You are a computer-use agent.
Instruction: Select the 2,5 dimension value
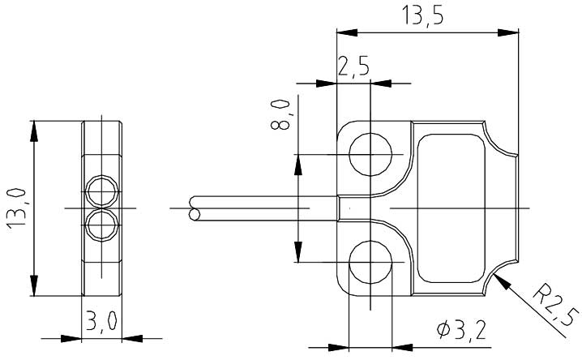pyautogui.click(x=354, y=66)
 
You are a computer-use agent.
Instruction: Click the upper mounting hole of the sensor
pyautogui.click(x=370, y=155)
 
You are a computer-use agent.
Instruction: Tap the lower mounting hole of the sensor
pyautogui.click(x=370, y=261)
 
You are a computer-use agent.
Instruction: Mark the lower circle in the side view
pyautogui.click(x=101, y=225)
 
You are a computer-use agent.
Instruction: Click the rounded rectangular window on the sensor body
pyautogui.click(x=453, y=208)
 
